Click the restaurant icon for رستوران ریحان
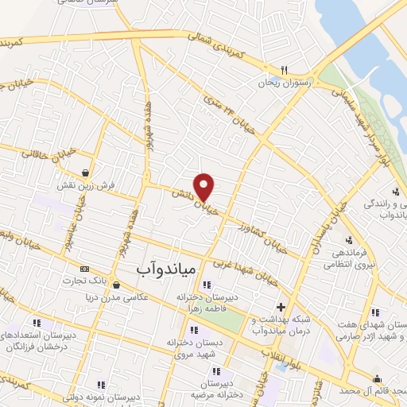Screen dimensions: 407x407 tap(285, 69)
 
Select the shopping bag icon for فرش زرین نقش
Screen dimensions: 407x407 tap(84, 172)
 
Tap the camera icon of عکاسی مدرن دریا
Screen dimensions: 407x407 tap(116, 285)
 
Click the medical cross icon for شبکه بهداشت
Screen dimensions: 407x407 tap(280, 307)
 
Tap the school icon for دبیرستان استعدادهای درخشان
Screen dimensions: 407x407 tap(37, 324)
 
